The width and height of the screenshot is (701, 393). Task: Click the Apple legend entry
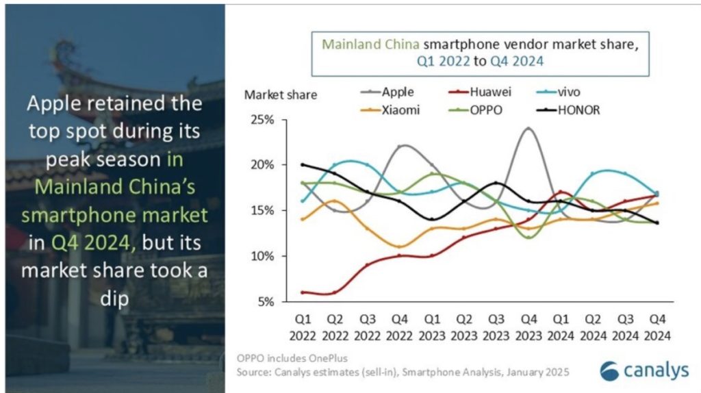[387, 91]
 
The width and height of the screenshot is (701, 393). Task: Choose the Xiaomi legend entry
[387, 110]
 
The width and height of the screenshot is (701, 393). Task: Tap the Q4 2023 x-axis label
[528, 327]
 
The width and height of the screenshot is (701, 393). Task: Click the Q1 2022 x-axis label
[303, 327]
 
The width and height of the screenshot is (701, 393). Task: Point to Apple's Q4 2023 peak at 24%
[528, 128]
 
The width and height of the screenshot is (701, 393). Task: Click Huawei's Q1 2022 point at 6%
[303, 292]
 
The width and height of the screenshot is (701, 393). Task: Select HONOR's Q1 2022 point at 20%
[303, 164]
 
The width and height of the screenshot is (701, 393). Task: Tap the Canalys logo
[644, 370]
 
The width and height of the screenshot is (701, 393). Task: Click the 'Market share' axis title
[281, 94]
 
